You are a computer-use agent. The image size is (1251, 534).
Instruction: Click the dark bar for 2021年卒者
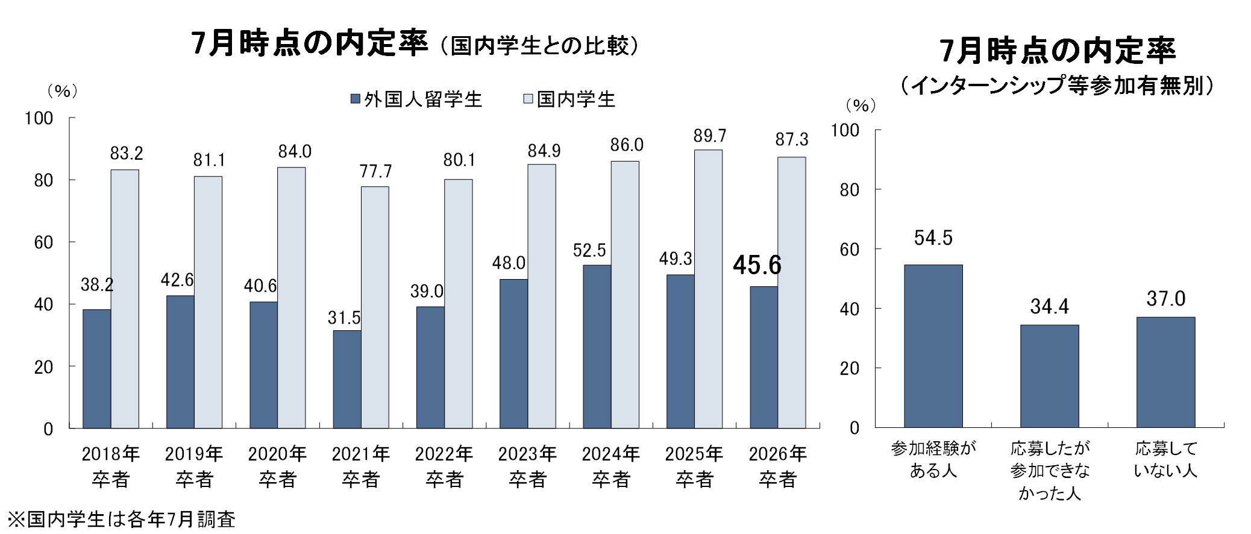coord(347,379)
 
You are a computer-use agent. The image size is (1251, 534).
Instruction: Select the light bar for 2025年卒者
coord(708,289)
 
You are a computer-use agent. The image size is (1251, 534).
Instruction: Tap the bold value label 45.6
coord(757,265)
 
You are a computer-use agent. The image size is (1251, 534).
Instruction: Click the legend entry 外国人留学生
coord(416,99)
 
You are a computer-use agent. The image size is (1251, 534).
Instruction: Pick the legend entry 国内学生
coord(569,99)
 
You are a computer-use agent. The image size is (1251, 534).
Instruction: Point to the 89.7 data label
coord(709,136)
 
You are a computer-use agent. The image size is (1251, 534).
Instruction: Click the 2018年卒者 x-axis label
coord(111,466)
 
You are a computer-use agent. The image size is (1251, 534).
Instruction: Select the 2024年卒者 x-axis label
coord(611,466)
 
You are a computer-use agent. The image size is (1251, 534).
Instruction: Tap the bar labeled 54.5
coord(933,346)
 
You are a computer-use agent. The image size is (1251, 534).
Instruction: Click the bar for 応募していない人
coord(1165,372)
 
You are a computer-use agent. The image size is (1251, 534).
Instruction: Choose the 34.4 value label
coord(1049,307)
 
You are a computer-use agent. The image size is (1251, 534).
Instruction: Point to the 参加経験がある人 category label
coord(933,460)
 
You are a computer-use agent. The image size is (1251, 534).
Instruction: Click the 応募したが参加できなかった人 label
coord(1050,471)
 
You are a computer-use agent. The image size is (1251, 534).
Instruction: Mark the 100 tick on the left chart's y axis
coord(39,118)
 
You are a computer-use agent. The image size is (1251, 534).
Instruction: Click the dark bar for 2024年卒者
coord(597,347)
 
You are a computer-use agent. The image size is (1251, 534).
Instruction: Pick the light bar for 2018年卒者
coord(125,299)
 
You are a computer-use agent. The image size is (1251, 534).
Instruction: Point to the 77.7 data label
coord(376,172)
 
